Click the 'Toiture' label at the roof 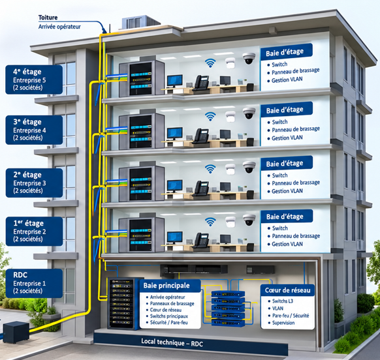click(48, 18)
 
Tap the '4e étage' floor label click(27, 72)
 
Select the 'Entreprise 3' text click(29, 183)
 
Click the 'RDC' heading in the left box click(20, 275)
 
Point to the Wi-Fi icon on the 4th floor click(210, 63)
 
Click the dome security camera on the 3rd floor click(249, 113)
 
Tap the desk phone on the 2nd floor click(201, 188)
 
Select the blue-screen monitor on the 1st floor click(175, 237)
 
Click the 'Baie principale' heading click(166, 286)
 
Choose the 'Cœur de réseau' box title click(288, 290)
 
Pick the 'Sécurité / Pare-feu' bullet click(168, 322)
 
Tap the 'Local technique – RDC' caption click(172, 342)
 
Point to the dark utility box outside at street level click(16, 332)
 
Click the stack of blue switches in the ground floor click(228, 308)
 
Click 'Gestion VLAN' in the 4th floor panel click(287, 80)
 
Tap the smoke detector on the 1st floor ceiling click(230, 222)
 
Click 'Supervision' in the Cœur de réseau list click(283, 323)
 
